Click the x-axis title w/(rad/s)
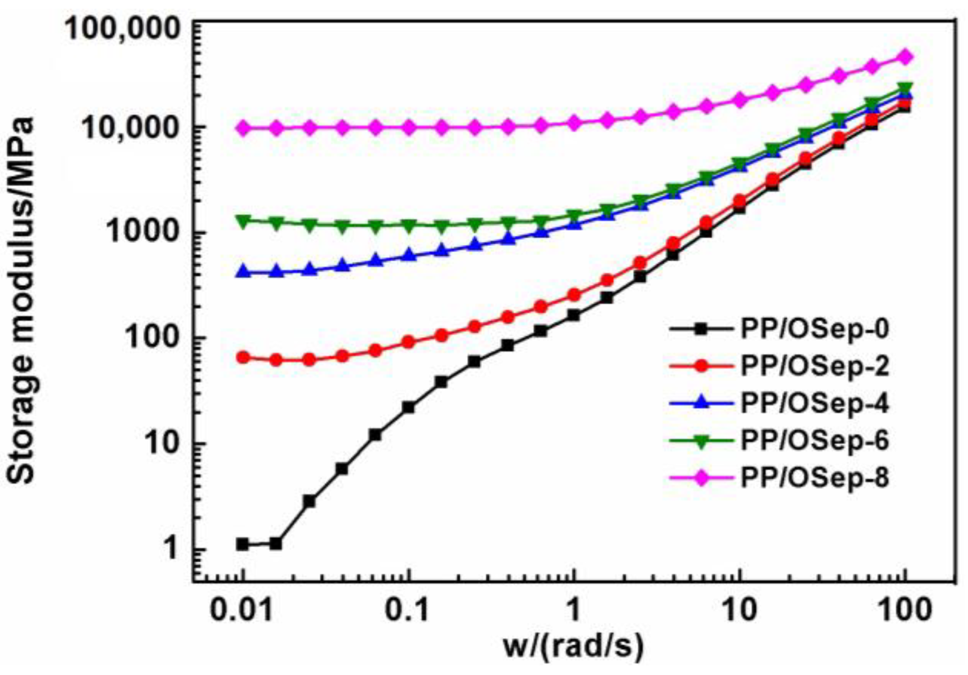tap(573, 646)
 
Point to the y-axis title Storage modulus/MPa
tap(21, 301)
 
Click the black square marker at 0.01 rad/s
tap(243, 545)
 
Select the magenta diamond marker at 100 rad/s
tap(905, 57)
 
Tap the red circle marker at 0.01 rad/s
tap(243, 357)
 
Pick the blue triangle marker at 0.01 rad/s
tap(243, 272)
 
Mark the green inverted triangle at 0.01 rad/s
tap(243, 221)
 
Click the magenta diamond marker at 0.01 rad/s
tap(243, 128)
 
